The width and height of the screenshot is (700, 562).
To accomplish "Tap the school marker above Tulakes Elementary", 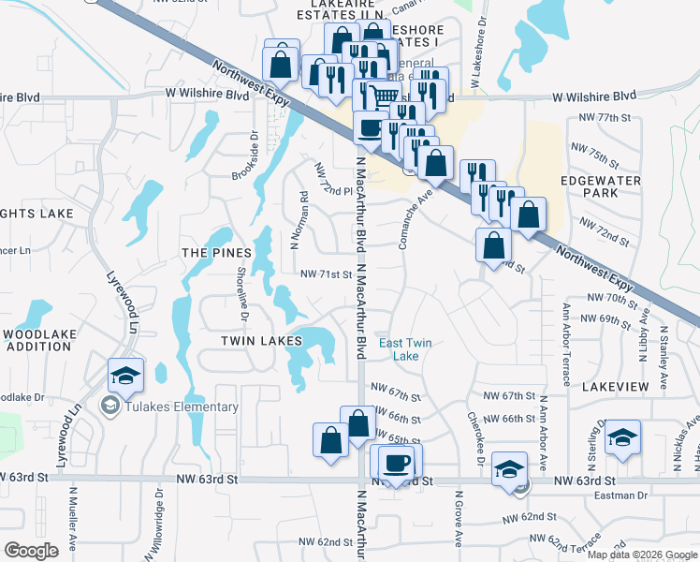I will [x=125, y=376].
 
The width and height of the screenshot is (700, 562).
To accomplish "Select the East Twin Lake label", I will [x=405, y=349].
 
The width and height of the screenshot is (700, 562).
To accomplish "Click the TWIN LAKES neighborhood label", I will [x=260, y=343].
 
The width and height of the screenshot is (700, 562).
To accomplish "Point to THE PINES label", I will [x=216, y=253].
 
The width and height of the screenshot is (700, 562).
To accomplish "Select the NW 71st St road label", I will [x=325, y=274].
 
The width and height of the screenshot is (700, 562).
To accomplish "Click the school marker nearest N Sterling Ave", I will [x=622, y=439].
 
